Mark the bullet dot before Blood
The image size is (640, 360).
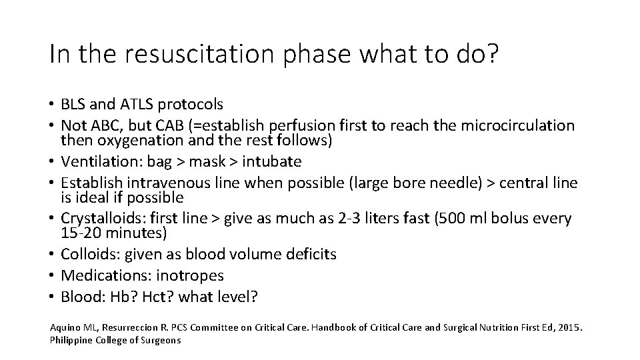tap(52, 297)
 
